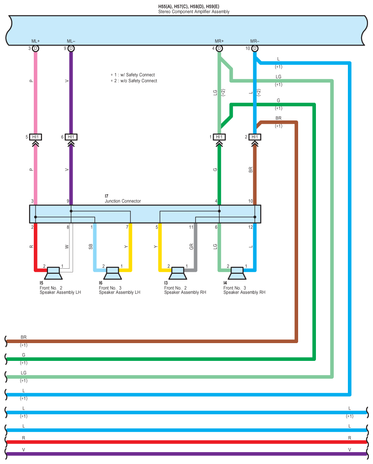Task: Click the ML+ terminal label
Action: pos(36,41)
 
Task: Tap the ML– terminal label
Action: pos(71,41)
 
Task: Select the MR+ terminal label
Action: pos(219,41)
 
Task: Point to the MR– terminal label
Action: pos(255,41)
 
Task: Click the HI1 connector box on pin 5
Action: pos(36,137)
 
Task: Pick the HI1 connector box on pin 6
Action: pos(71,137)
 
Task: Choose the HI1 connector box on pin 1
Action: pos(219,137)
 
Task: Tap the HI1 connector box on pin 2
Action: pos(255,137)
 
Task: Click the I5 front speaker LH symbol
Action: pos(53,273)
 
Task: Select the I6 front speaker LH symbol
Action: pos(112,273)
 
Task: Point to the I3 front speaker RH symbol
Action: pos(178,273)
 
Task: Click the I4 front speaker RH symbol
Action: pos(237,273)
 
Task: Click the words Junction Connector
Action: pos(123,201)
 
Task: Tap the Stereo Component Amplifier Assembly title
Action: pos(194,11)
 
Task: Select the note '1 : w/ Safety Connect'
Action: pos(133,75)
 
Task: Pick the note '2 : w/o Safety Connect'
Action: pos(134,81)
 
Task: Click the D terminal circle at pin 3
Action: pos(36,48)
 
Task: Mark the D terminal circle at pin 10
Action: pos(255,48)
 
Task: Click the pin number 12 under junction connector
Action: pos(251,227)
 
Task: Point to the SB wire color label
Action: pos(90,246)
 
